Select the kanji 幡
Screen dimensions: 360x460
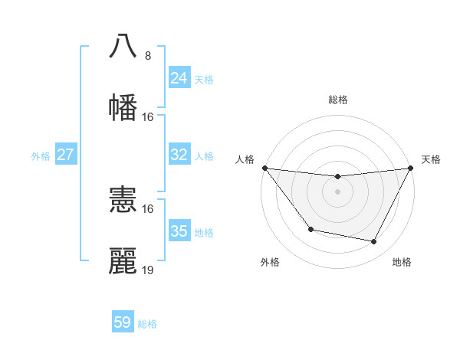pyautogui.click(x=123, y=106)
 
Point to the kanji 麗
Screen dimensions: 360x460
pyautogui.click(x=123, y=260)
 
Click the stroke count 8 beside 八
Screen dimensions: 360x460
pyautogui.click(x=147, y=56)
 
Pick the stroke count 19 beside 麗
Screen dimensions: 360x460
pyautogui.click(x=148, y=270)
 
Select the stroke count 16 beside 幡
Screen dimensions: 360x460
pyautogui.click(x=148, y=117)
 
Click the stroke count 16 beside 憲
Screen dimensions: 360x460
pyautogui.click(x=148, y=208)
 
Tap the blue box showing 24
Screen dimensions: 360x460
pyautogui.click(x=179, y=78)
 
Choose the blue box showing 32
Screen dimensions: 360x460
pyautogui.click(x=179, y=155)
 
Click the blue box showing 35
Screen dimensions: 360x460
pyautogui.click(x=179, y=231)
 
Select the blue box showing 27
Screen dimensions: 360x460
pyautogui.click(x=65, y=155)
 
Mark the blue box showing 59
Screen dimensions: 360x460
pyautogui.click(x=123, y=322)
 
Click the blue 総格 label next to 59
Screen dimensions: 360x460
pyautogui.click(x=147, y=324)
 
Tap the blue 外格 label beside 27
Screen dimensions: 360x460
pyautogui.click(x=41, y=156)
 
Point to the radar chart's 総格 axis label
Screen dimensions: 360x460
pyautogui.click(x=337, y=100)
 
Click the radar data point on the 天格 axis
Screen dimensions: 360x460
pyautogui.click(x=410, y=168)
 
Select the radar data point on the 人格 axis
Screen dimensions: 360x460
pyautogui.click(x=264, y=168)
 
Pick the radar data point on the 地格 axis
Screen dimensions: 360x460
pyautogui.click(x=373, y=241)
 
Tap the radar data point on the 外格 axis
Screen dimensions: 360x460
pyautogui.click(x=310, y=229)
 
